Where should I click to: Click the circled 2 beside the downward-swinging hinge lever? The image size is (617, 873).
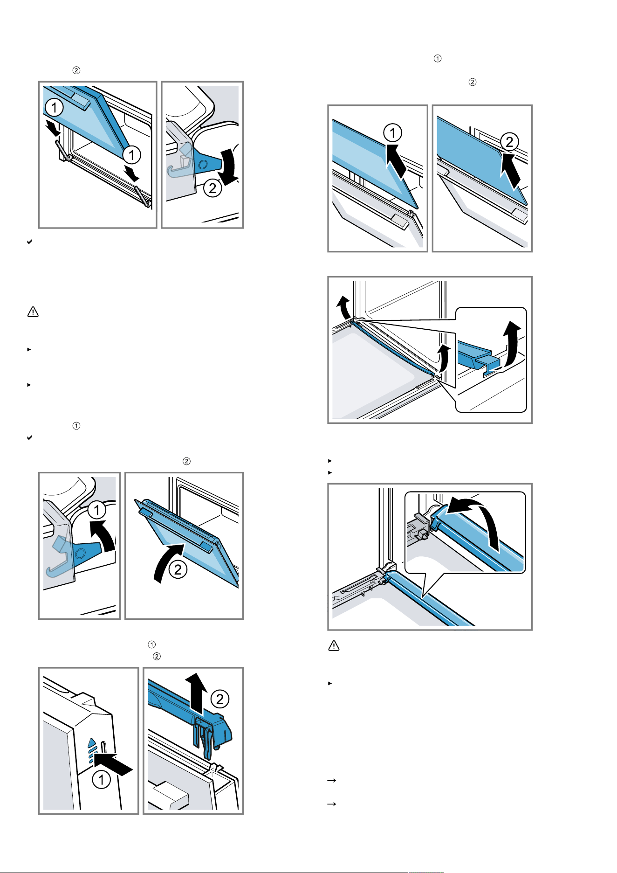[213, 188]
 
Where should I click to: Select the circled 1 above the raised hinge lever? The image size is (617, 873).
[96, 510]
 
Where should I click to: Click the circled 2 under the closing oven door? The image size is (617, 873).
[178, 569]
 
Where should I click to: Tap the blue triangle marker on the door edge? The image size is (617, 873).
[92, 742]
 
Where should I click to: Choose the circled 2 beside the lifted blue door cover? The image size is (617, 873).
[220, 699]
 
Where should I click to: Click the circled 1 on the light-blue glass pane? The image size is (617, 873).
[392, 133]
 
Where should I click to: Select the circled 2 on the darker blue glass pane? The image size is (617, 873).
[509, 142]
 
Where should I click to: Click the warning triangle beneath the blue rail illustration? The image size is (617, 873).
[334, 646]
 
